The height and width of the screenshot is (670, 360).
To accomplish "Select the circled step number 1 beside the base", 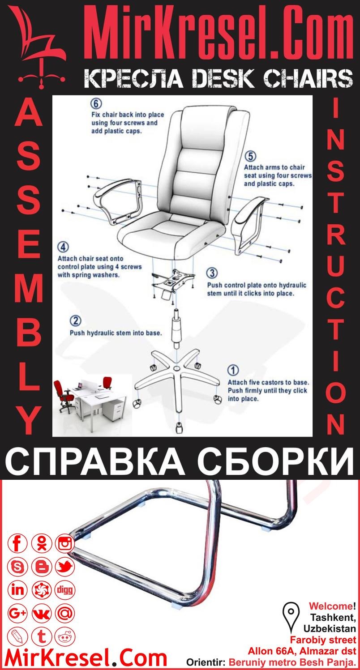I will click(x=233, y=370).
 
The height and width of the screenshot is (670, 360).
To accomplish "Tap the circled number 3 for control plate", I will click(x=213, y=273).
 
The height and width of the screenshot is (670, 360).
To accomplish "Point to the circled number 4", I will click(x=63, y=248).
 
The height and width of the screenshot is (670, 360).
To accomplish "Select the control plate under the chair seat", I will click(x=173, y=281).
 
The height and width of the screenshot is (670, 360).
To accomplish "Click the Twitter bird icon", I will click(x=65, y=567).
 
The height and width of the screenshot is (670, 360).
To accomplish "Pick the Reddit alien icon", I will click(x=65, y=636).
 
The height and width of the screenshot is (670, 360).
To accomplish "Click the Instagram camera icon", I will click(x=65, y=544).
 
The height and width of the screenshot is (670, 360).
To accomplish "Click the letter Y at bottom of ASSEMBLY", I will click(x=30, y=421).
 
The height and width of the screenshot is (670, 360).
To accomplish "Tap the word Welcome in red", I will click(x=330, y=606).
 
